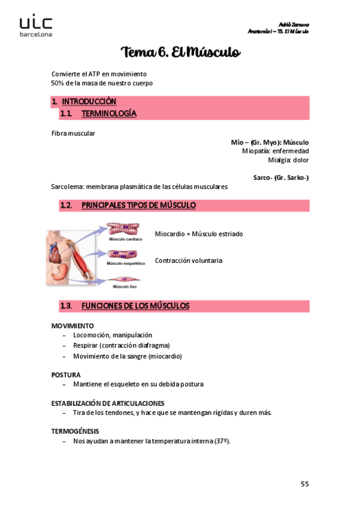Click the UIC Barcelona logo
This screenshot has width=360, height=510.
[36, 26]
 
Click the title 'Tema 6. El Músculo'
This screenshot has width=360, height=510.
[180, 53]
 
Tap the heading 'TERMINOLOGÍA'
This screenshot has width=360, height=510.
[108, 113]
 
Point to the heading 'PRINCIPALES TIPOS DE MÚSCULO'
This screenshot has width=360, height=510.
[138, 206]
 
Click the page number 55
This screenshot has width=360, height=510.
[304, 484]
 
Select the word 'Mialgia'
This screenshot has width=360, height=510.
[279, 160]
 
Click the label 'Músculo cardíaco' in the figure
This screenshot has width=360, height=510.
[125, 239]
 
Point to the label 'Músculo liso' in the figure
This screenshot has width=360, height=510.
[125, 287]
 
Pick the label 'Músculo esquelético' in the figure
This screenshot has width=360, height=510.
[126, 263]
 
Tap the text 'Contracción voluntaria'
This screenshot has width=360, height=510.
[188, 260]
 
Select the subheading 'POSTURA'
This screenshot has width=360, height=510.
[66, 374]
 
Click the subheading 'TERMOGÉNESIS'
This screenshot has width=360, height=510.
[75, 431]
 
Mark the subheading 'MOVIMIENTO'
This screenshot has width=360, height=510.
[72, 325]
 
